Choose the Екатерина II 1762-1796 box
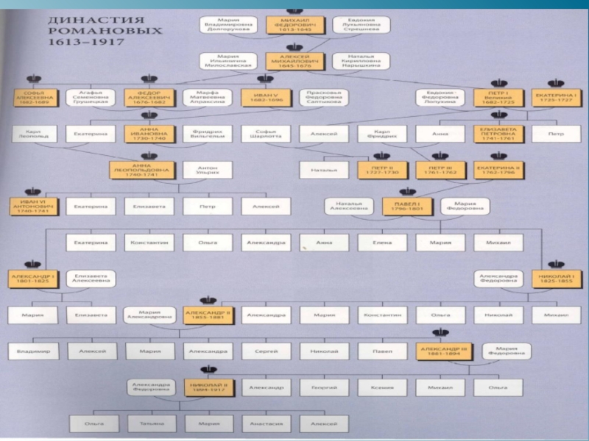(x=498, y=171)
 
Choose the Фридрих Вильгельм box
(x=208, y=135)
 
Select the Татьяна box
(x=150, y=423)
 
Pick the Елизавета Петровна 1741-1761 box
(x=498, y=135)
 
